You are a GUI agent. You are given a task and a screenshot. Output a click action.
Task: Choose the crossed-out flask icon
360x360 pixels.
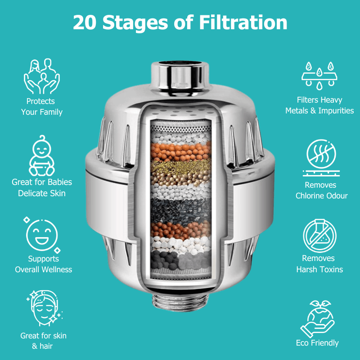tap(319, 235)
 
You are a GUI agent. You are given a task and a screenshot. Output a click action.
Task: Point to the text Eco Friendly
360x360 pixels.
tap(317, 343)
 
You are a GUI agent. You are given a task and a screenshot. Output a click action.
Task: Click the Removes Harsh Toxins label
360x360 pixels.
tap(319, 264)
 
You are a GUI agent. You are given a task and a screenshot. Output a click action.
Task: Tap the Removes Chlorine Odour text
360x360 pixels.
tap(321, 190)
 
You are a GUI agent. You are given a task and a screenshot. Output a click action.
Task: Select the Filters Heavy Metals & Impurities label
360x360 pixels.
tap(319, 105)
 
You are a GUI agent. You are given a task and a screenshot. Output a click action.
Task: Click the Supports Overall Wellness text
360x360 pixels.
tap(44, 264)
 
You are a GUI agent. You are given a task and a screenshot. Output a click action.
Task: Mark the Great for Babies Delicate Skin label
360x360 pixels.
tap(42, 188)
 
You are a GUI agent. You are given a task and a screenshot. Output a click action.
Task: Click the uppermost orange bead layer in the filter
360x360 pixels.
tap(180, 151)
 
